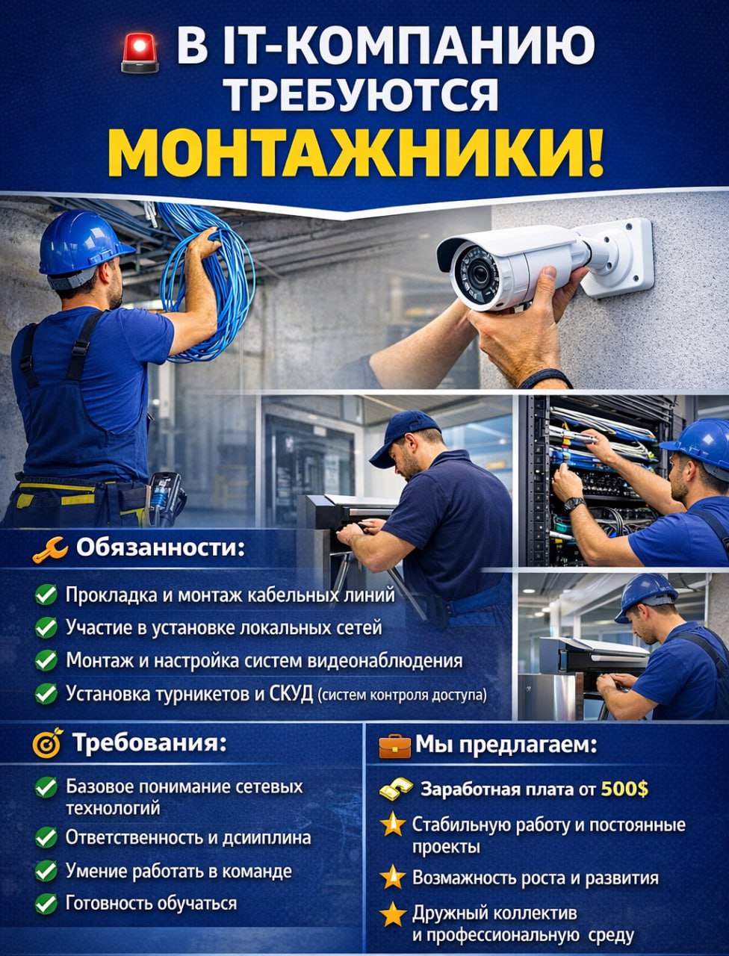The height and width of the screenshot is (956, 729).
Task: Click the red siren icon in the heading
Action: point(140,53)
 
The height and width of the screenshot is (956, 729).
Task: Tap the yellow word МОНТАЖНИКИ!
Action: point(356,153)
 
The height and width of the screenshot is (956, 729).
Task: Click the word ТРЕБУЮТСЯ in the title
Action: point(364,95)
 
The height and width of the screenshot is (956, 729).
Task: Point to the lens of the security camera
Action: point(480,274)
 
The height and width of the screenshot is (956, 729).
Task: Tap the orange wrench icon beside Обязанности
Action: point(51,550)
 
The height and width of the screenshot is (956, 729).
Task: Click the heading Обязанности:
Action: point(161,547)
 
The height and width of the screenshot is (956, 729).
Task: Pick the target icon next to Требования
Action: point(47,743)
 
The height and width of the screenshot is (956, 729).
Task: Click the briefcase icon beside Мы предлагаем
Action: point(394,746)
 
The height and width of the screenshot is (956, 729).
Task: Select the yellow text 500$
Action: point(624,789)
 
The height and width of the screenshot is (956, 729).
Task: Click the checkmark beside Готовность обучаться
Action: point(46,904)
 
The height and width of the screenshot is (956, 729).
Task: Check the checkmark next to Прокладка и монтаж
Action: point(46,595)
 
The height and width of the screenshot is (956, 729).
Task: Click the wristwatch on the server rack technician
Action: point(574,505)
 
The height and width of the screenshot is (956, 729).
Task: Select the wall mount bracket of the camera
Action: point(618,257)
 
